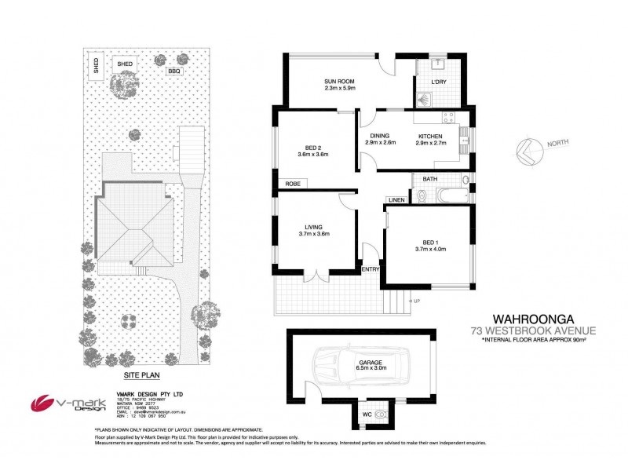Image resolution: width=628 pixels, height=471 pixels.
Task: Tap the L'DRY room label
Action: (439, 82)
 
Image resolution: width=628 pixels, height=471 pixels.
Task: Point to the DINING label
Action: (380, 136)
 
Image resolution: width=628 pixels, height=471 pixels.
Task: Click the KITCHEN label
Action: (429, 136)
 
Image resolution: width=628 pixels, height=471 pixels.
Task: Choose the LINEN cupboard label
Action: (396, 200)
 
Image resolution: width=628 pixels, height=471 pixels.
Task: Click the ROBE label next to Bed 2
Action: (291, 184)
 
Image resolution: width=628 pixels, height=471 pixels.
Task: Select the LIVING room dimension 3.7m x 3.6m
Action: (314, 233)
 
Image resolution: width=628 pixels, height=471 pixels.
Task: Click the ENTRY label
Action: (371, 270)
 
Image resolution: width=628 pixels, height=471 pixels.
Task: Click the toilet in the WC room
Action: (382, 412)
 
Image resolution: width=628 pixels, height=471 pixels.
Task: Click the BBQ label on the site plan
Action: (173, 71)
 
